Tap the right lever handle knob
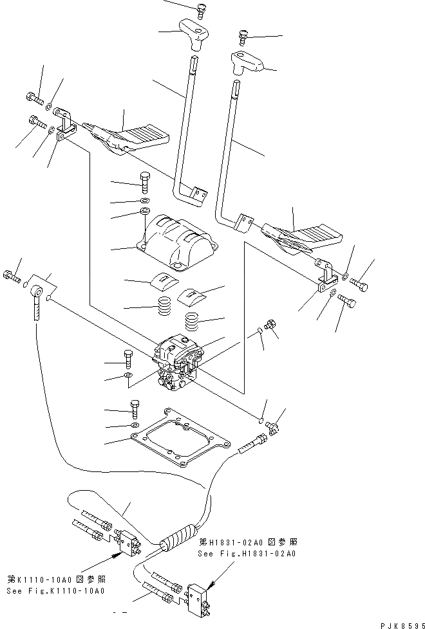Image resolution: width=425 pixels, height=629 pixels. [x=247, y=63]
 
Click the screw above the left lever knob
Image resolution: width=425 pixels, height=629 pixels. [x=202, y=9]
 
